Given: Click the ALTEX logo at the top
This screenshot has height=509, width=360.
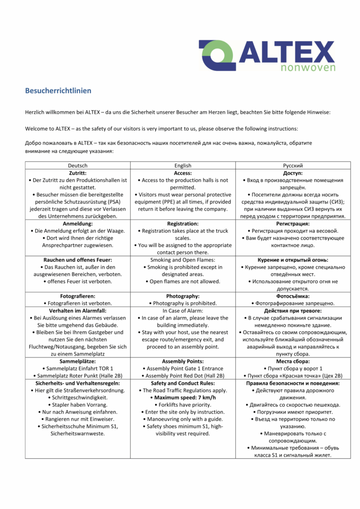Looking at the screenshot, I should coord(267,55).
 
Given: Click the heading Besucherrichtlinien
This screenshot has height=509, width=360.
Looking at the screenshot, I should coord(58,91).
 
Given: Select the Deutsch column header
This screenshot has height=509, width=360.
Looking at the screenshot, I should coord(77,166).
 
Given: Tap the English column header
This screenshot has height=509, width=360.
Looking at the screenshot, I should coord(183,166).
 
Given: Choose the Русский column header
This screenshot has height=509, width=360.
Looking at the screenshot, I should coord(293,166).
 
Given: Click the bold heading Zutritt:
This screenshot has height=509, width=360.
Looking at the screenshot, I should coord(77,173).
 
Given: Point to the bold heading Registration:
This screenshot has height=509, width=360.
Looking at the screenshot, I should coord(183,224).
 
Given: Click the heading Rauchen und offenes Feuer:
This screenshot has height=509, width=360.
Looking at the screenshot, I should coord(77,260).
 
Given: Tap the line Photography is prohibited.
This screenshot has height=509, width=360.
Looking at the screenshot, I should coord(183,303).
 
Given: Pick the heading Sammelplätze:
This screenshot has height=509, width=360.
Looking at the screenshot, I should coord(77,361).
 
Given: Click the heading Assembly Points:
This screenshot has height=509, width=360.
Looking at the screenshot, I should coord(183,361).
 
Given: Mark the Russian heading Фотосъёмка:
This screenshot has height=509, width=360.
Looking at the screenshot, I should coord(293,296).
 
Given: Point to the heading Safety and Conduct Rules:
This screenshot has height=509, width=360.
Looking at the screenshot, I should coord(183,383).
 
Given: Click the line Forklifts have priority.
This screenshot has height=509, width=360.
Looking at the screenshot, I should coord(183,405).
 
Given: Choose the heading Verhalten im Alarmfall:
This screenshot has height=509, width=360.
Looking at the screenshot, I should coord(77,311).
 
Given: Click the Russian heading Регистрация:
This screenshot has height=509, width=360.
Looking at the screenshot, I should coord(293,224).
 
